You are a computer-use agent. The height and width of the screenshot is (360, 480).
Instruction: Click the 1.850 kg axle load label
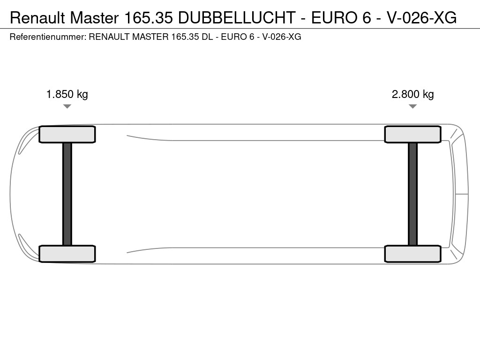tap(67, 94)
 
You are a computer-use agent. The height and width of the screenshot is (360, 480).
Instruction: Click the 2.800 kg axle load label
tap(412, 94)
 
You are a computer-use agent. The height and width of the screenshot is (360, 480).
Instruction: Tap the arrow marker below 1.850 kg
tap(67, 106)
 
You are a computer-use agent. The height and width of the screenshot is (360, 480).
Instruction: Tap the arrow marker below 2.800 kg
tap(412, 106)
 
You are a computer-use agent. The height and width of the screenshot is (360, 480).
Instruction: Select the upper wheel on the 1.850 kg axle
tap(67, 135)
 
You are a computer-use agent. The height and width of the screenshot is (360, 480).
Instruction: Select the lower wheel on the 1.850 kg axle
tap(67, 254)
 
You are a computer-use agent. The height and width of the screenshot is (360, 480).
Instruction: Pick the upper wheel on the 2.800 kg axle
tap(412, 135)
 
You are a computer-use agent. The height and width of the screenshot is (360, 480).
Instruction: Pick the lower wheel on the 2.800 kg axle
tap(412, 254)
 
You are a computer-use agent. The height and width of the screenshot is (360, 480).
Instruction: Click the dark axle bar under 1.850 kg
tap(67, 194)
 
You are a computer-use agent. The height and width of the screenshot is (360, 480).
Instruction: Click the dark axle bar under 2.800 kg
tap(412, 194)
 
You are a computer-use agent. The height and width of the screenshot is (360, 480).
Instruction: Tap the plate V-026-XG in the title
tap(421, 18)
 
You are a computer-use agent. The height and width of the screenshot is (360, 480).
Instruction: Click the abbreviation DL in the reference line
tap(207, 37)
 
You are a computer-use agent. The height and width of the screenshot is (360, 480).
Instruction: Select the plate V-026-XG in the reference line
tap(281, 37)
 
